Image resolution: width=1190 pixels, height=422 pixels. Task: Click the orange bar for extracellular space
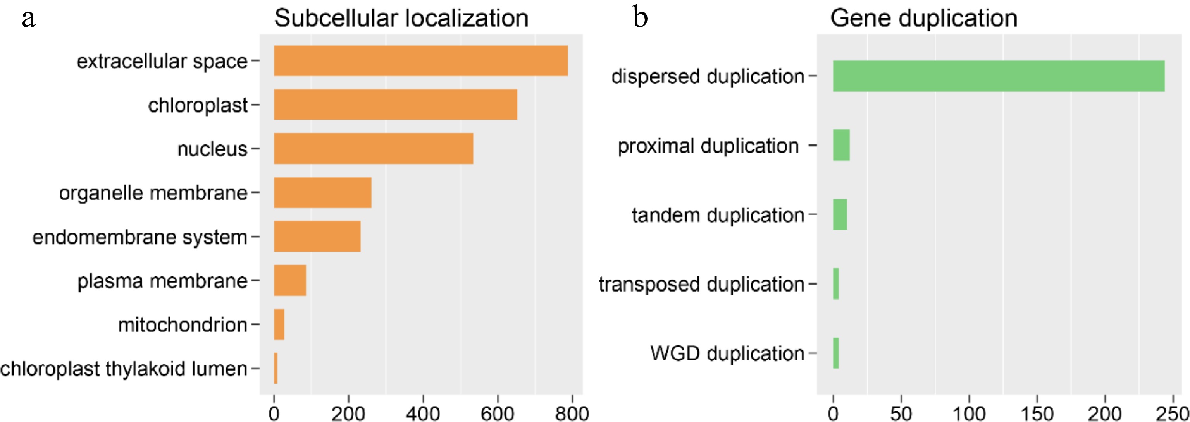420,60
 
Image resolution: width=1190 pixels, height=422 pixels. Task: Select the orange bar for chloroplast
395,105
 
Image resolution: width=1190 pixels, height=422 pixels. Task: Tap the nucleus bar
373,149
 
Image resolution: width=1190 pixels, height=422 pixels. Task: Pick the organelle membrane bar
322,192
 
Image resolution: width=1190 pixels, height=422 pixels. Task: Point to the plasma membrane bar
289,280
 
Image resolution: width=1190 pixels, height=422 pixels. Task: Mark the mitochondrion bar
279,324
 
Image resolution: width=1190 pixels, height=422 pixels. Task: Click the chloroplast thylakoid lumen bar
276,368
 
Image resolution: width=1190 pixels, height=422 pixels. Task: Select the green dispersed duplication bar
998,76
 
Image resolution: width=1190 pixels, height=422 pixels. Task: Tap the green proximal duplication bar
841,145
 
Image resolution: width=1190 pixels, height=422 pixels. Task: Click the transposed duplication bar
836,284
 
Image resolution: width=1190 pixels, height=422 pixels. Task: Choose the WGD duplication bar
836,353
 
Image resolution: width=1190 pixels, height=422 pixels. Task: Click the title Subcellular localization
401,19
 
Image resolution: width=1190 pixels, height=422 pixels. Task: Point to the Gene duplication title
923,19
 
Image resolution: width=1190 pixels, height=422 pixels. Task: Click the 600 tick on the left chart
498,412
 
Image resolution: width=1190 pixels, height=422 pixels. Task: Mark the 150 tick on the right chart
1037,412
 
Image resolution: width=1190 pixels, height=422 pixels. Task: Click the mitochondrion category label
183,324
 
